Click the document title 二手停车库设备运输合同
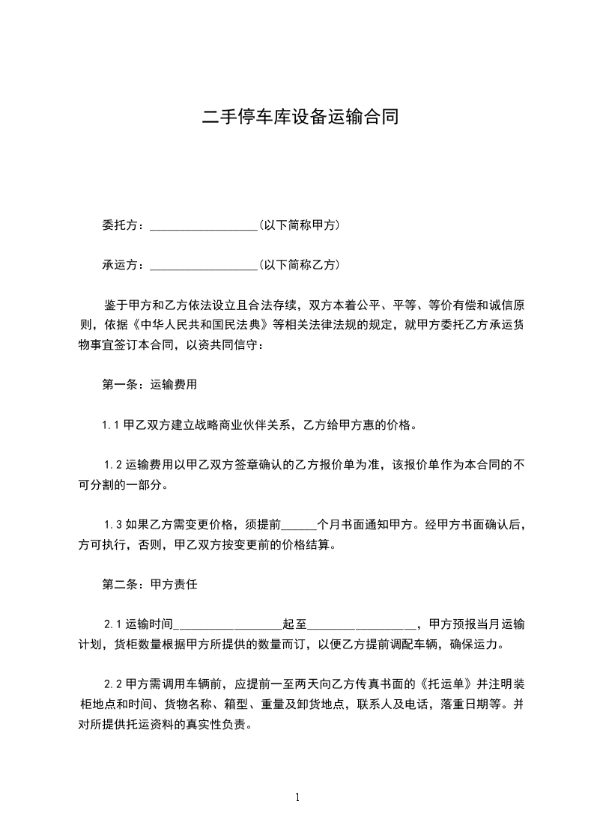297,118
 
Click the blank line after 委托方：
203,225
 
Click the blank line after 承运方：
203,265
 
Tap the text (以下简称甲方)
299,225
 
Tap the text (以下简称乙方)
299,264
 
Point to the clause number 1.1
112,426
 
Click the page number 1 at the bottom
297,797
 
